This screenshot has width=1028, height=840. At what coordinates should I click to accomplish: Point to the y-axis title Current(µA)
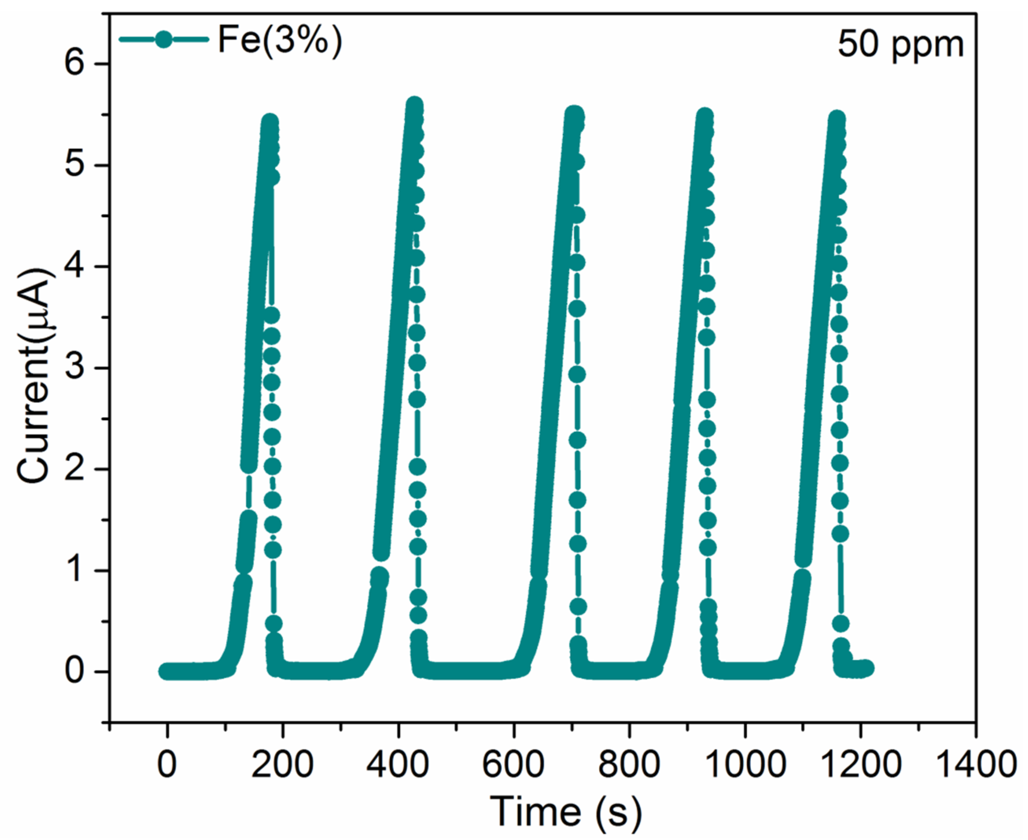pos(35,376)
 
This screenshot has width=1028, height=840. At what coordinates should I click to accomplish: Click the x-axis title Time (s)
pos(566,811)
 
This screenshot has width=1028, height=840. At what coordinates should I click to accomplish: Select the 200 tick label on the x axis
pos(282,765)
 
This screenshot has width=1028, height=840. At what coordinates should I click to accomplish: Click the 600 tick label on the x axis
pos(513,765)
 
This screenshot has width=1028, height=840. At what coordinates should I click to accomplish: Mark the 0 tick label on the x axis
pos(167,765)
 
